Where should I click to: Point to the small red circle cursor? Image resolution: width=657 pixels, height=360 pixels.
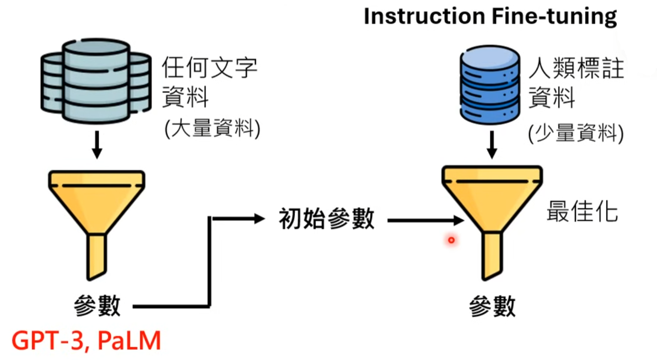(x=451, y=240)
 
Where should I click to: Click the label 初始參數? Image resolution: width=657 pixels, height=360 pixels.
(x=327, y=220)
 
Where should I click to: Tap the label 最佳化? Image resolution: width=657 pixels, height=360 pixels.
(x=582, y=212)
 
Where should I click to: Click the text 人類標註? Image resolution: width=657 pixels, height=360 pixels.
(x=576, y=69)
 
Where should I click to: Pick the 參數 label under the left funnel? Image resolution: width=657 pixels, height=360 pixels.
(x=97, y=306)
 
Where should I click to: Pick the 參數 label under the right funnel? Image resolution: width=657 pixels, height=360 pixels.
(x=492, y=306)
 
